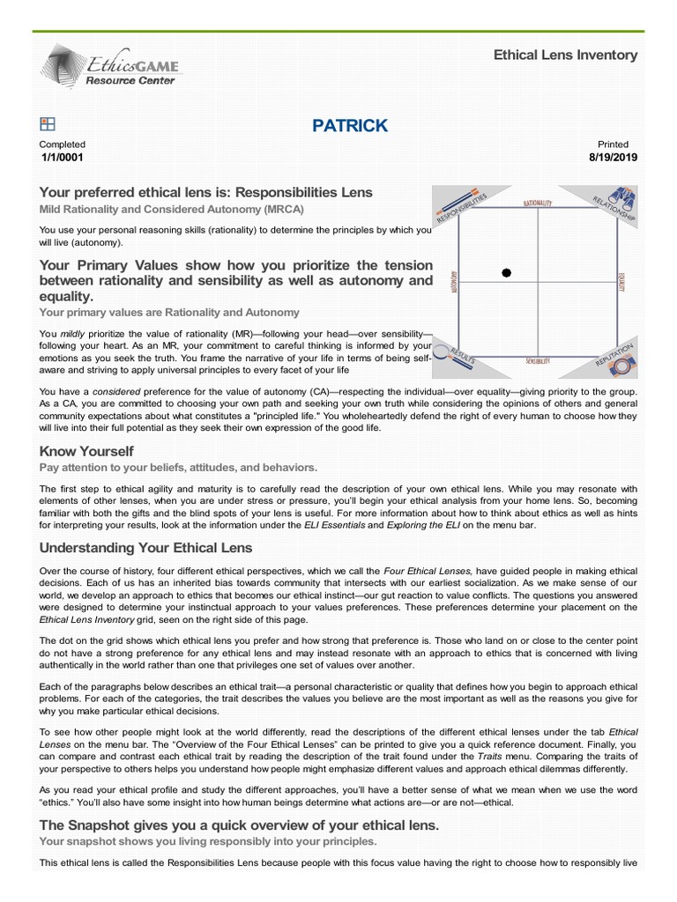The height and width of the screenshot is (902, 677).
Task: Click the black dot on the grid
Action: pos(506,273)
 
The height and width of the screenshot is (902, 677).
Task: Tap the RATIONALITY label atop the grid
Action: pos(538,203)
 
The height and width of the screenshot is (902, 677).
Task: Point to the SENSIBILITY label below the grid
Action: pos(538,361)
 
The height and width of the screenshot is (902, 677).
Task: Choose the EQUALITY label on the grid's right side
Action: pos(621,282)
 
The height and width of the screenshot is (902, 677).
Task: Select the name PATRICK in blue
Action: pos(350,126)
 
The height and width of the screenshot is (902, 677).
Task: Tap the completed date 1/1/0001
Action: pos(63,158)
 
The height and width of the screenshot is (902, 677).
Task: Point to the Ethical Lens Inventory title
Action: pos(565,55)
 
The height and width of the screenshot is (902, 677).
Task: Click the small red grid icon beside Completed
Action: pos(48,125)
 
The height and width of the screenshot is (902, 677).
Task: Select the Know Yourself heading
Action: pos(86,452)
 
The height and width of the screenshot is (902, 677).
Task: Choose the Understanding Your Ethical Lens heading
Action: pos(145,548)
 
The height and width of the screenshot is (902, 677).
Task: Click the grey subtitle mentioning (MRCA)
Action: pos(172,210)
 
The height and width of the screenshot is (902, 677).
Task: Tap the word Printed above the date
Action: pos(613,144)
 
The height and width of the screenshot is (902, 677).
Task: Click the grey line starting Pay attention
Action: pos(178,468)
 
